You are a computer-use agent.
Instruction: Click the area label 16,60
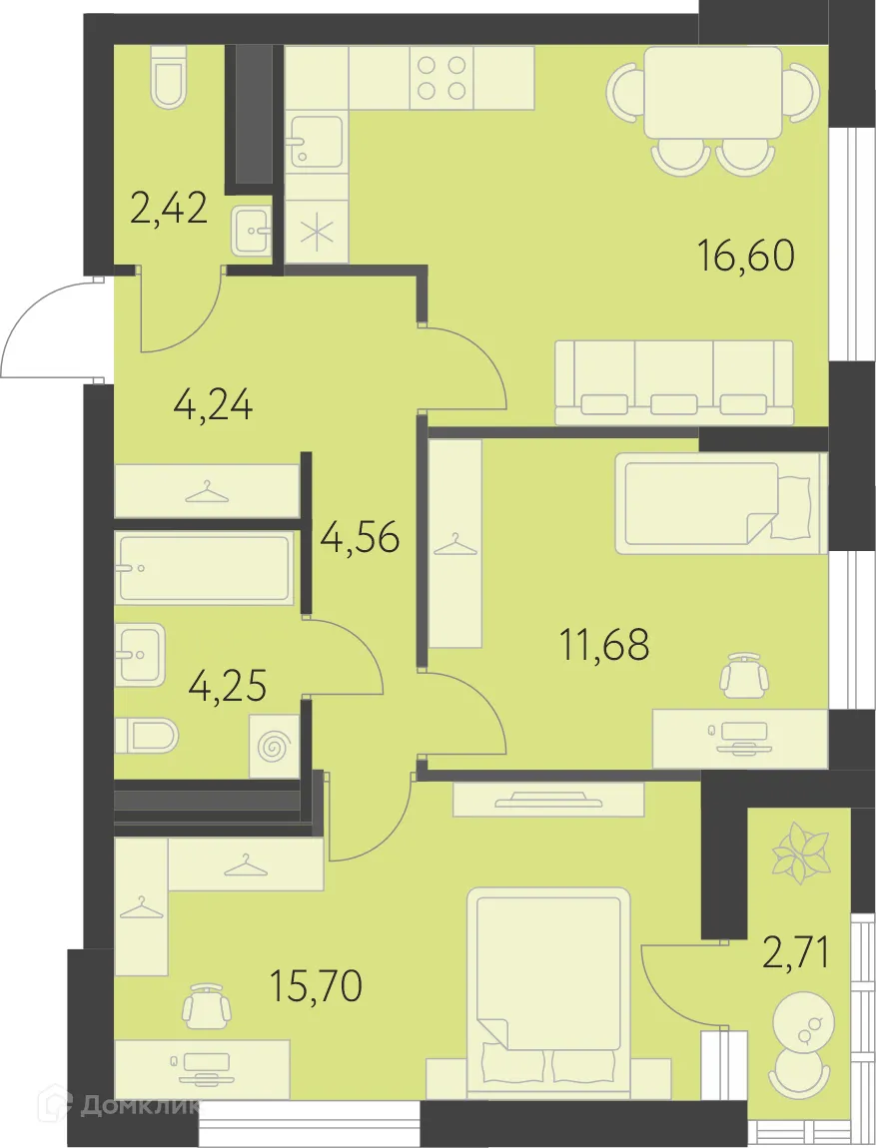(745, 257)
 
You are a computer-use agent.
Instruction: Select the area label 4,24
(212, 406)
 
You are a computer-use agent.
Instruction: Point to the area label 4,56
(360, 538)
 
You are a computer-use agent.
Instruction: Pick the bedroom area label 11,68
(604, 645)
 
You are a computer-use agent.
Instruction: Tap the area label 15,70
(316, 986)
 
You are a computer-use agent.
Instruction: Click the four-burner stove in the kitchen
(441, 77)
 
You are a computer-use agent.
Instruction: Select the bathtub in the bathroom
(205, 568)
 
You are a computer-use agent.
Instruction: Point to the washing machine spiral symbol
(273, 746)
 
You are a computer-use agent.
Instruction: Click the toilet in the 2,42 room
(169, 79)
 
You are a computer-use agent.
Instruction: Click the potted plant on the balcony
(800, 853)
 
